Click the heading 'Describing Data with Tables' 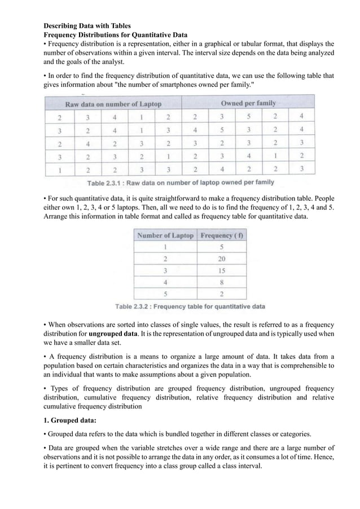pyautogui.click(x=87, y=26)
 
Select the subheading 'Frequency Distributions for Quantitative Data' pyautogui.click(x=116, y=35)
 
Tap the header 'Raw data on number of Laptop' pyautogui.click(x=113, y=104)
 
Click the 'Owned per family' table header pyautogui.click(x=248, y=103)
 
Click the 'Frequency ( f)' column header pyautogui.click(x=222, y=235)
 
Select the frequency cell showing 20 pyautogui.click(x=222, y=258)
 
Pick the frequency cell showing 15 pyautogui.click(x=222, y=270)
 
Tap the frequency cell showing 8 pyautogui.click(x=222, y=282)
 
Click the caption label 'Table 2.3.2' pyautogui.click(x=134, y=307)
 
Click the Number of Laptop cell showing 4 pyautogui.click(x=165, y=282)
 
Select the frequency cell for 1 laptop pyautogui.click(x=222, y=247)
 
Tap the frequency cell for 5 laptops pyautogui.click(x=222, y=293)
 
